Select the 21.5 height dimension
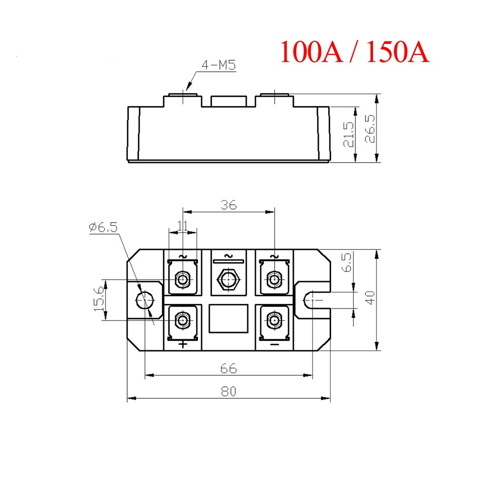click(x=349, y=135)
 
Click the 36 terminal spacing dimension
click(x=228, y=205)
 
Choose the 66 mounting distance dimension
click(x=228, y=368)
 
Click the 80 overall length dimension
click(x=228, y=391)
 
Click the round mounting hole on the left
click(x=145, y=300)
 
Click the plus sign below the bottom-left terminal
click(x=183, y=344)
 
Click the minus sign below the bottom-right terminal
click(x=274, y=343)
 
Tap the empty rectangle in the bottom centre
click(x=228, y=319)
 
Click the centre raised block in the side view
click(x=228, y=101)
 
